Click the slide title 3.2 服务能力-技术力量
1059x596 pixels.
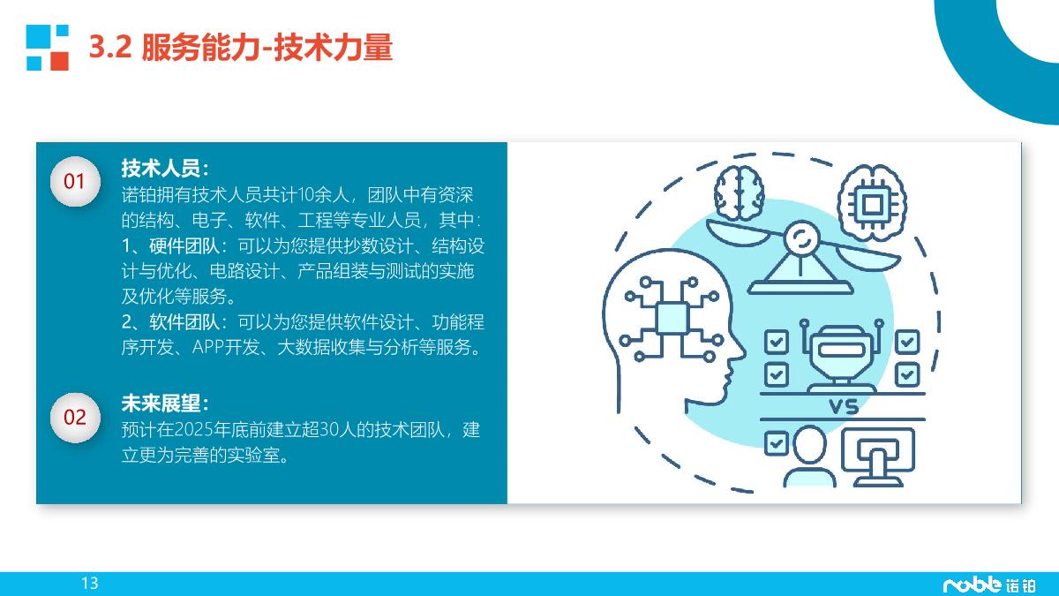click(x=241, y=48)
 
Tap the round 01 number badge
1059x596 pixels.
click(x=75, y=182)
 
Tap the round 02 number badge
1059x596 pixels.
click(x=75, y=417)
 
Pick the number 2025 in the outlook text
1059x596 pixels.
click(x=196, y=430)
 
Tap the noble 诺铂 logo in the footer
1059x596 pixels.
click(x=988, y=584)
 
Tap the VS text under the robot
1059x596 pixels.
click(x=844, y=407)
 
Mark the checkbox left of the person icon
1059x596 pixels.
click(x=776, y=442)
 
